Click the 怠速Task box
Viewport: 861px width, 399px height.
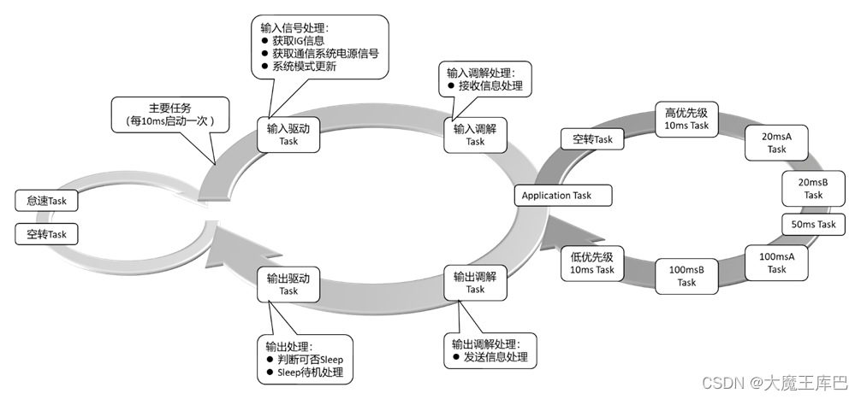[x=46, y=201]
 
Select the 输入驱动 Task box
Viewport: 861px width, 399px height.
[x=288, y=135]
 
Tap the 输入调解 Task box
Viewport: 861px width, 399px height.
[x=475, y=135]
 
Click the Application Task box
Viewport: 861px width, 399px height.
[x=556, y=196]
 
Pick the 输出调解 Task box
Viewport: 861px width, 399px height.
[x=475, y=283]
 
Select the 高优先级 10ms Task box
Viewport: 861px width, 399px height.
[x=686, y=119]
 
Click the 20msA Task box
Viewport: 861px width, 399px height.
[x=776, y=143]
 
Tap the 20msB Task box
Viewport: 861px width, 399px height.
[x=812, y=188]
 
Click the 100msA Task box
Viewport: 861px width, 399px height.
[x=776, y=263]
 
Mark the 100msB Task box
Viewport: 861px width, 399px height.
[x=686, y=276]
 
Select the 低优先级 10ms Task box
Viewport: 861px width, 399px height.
[x=592, y=263]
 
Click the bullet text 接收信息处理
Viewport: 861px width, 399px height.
[x=490, y=85]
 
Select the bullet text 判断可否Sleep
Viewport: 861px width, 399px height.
[x=309, y=360]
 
